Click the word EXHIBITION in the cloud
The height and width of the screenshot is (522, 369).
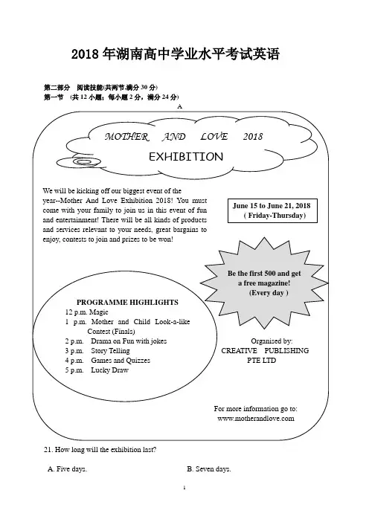[186, 156]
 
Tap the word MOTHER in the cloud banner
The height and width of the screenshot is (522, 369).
[126, 137]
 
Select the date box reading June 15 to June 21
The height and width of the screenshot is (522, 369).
[272, 210]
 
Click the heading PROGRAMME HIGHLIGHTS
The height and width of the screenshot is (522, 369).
[127, 303]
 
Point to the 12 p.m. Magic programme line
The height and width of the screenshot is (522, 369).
[86, 312]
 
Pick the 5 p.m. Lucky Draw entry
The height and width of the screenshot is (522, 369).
[97, 370]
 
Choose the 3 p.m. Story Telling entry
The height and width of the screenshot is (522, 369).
[97, 351]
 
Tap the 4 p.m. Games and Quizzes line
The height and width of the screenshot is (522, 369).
[108, 361]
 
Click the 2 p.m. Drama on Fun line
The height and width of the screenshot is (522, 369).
[116, 341]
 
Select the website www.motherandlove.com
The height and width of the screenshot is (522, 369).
[256, 419]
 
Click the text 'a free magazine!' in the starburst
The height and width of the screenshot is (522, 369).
[264, 283]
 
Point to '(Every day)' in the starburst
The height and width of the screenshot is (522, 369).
[269, 293]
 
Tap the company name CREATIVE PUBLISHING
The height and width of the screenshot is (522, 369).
[265, 351]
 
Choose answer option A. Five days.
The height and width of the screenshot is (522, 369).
[67, 469]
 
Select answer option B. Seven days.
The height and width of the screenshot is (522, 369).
[209, 469]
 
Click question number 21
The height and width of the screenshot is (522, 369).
[48, 450]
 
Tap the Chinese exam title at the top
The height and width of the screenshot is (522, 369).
[176, 54]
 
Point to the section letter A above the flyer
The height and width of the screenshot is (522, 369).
[180, 106]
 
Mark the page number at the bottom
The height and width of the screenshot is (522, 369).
[184, 488]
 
